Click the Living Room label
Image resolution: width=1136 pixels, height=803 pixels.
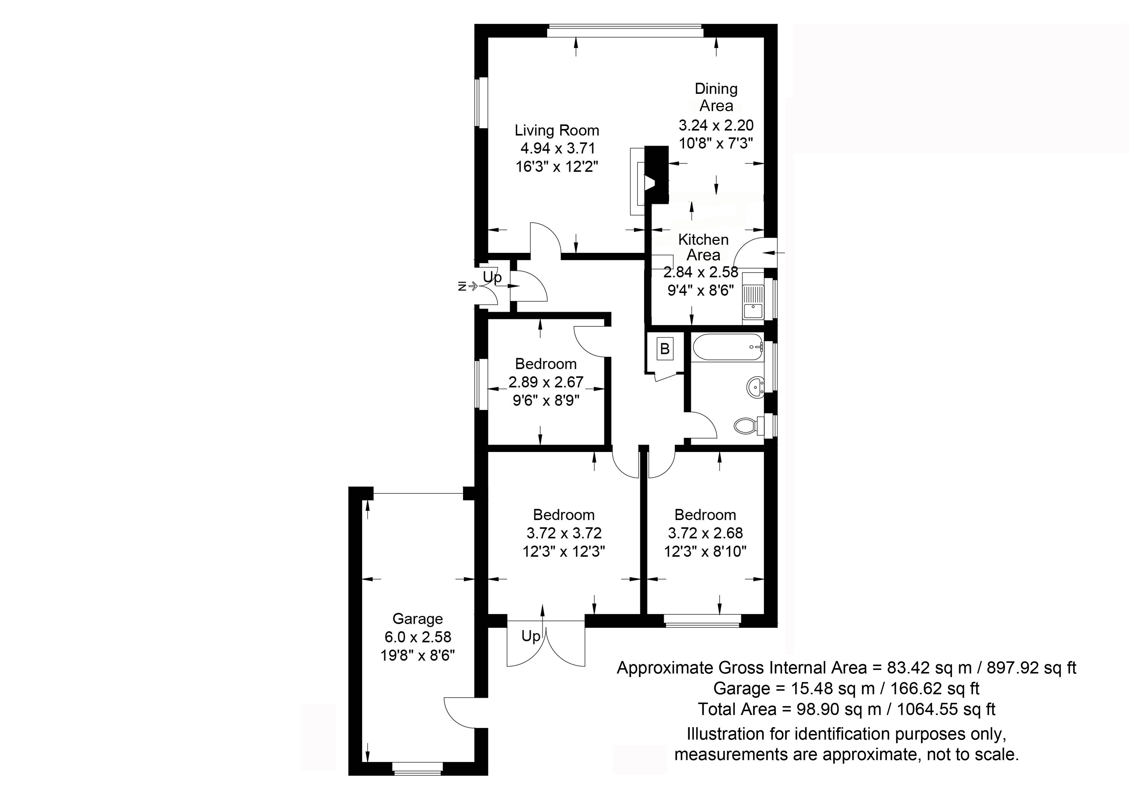[557, 130]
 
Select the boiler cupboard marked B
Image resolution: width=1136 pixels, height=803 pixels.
[665, 349]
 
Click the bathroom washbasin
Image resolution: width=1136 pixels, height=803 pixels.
[755, 386]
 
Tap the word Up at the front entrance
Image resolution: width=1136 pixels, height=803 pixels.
[492, 277]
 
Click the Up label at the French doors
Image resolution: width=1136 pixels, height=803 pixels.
[530, 636]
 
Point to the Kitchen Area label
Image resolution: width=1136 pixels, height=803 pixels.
[703, 247]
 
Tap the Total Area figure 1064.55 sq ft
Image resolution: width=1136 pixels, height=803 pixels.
[946, 709]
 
